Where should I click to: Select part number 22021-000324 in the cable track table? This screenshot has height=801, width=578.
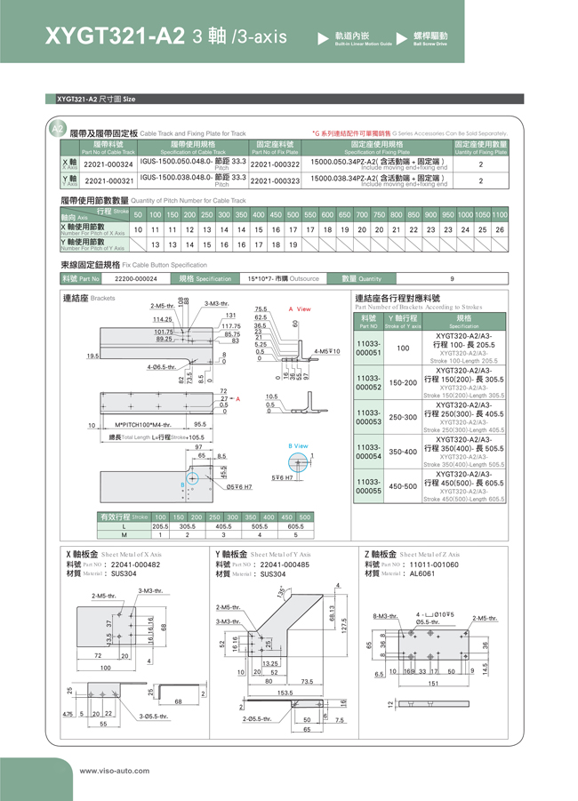click(108, 164)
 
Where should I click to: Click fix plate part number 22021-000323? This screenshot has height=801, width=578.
click(276, 180)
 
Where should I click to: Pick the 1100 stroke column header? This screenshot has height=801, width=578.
click(500, 215)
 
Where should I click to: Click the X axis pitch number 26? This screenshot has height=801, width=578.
click(500, 229)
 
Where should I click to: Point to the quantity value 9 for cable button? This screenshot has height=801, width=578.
click(453, 278)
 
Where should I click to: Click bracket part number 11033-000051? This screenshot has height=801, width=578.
click(368, 348)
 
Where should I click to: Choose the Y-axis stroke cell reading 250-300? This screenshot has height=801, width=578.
click(403, 417)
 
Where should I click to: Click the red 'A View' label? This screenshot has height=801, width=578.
click(300, 309)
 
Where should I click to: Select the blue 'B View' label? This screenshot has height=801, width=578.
click(298, 445)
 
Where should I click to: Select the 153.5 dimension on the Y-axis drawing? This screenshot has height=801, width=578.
click(285, 693)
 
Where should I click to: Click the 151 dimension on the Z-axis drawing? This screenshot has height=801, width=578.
click(433, 684)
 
